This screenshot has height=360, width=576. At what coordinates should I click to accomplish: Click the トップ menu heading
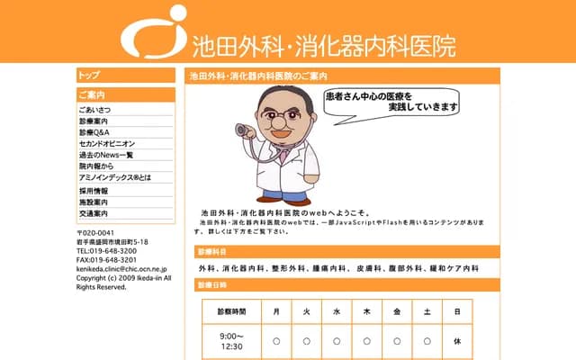[90, 76]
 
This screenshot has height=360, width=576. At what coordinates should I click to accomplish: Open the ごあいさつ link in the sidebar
[95, 110]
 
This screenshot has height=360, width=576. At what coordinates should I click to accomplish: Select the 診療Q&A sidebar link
[94, 132]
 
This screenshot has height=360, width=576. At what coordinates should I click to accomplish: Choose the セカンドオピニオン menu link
[106, 143]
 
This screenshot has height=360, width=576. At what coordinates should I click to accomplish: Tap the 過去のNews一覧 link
[105, 155]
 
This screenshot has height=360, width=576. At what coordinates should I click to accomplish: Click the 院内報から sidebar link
[96, 166]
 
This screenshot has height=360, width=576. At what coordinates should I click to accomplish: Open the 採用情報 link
[94, 192]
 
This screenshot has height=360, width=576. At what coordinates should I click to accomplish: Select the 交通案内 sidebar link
[94, 214]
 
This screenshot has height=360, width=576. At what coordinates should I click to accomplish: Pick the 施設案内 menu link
[94, 203]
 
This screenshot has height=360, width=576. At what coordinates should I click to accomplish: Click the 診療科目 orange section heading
[213, 252]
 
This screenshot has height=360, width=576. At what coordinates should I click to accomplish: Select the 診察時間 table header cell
[231, 310]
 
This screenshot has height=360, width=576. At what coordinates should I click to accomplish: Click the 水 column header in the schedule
[337, 310]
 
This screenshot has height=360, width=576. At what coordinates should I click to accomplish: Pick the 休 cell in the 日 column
[457, 341]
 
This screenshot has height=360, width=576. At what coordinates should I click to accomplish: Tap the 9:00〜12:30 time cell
[231, 341]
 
